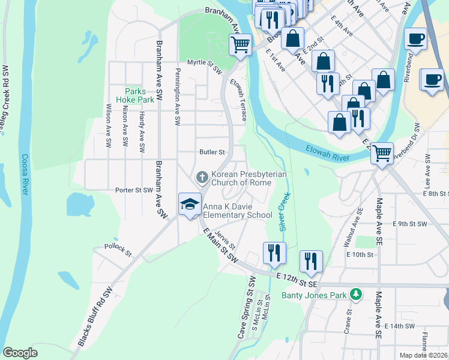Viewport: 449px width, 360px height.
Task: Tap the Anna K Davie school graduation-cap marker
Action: [x=190, y=203]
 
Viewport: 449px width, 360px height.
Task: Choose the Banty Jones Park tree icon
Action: [x=356, y=294]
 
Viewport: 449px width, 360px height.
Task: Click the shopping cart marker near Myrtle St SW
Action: [x=240, y=44]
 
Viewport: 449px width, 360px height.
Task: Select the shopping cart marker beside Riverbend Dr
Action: [x=382, y=154]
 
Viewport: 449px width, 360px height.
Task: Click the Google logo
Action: [x=20, y=352]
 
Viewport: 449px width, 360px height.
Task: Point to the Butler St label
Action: [x=212, y=152]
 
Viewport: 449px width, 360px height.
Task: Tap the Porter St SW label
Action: [x=135, y=190]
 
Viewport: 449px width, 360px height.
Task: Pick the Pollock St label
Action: [x=117, y=249]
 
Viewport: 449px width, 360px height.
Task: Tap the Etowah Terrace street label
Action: [x=238, y=103]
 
